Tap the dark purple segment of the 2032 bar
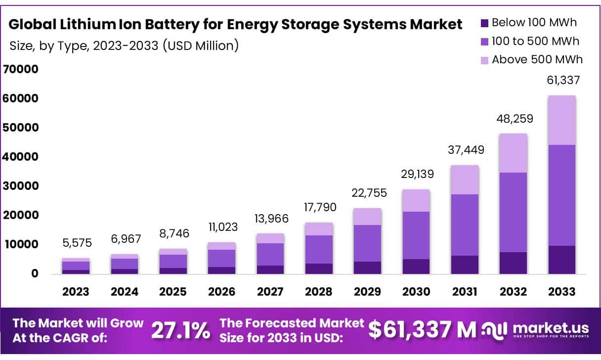click(513, 263)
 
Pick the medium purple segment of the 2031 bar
click(465, 225)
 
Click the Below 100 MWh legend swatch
click(484, 23)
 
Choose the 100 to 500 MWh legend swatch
click(484, 42)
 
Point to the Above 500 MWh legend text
click(537, 60)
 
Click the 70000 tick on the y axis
click(20, 69)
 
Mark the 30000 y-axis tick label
click(20, 186)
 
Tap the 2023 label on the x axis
click(76, 292)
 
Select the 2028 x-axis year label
click(319, 292)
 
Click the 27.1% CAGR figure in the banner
click(180, 331)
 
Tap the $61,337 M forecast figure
click(423, 330)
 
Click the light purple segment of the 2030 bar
click(416, 200)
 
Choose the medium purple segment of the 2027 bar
click(270, 254)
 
